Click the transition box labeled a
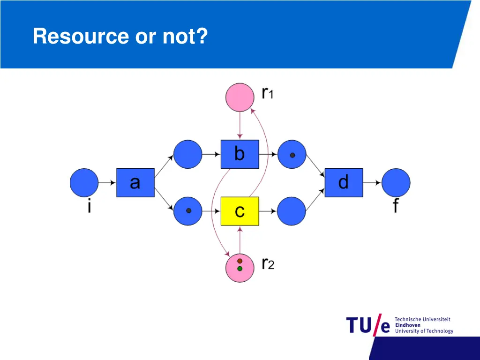pos(135,182)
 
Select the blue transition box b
pos(240,154)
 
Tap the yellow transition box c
pos(240,211)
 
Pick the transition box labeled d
pos(344,182)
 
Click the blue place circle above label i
pos(84,182)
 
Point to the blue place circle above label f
pos(396,182)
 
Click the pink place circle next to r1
pos(240,97)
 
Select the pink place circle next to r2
pos(240,268)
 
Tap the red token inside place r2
pos(240,261)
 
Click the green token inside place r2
pos(240,269)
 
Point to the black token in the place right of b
pos(292,155)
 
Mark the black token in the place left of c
pos(188,211)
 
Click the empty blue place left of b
pos(187,154)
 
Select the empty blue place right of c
pos(292,211)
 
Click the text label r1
pos(268,93)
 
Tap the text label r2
pos(268,264)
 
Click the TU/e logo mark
pos(368,325)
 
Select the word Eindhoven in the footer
pos(408,325)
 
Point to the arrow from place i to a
pos(107,182)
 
